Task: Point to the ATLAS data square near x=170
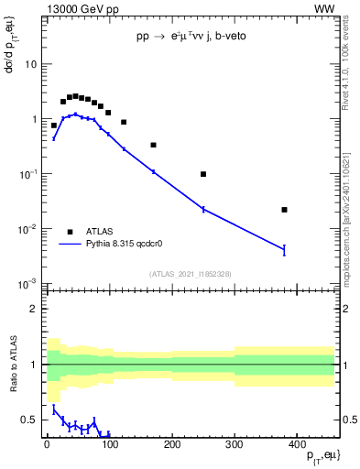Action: coord(153,145)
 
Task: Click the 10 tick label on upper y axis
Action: coord(29,65)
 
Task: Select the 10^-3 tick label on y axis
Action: coord(27,283)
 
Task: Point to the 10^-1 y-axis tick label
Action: coord(27,174)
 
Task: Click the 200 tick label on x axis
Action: coord(171,443)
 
